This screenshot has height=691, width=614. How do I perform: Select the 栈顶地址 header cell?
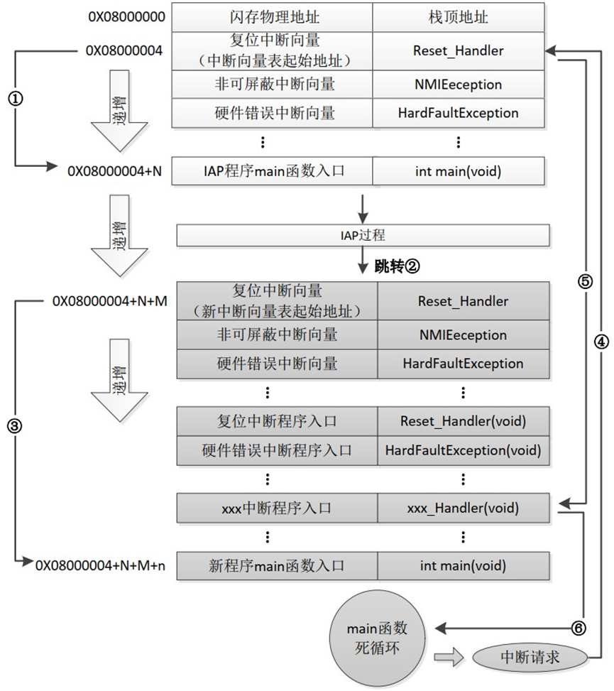point(457,16)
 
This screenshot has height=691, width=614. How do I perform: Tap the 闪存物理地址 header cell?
point(272,16)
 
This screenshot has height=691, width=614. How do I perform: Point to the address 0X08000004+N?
point(114,170)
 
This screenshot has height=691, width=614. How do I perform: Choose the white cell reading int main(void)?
point(457,170)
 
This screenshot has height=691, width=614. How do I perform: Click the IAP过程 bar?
point(363,234)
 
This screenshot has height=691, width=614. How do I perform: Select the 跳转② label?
point(398,266)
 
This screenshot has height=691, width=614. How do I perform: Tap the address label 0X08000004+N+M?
point(110,300)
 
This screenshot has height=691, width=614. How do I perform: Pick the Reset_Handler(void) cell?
point(463,420)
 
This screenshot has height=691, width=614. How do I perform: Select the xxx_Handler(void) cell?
point(463,508)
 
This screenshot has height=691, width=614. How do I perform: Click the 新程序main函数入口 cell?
point(277,565)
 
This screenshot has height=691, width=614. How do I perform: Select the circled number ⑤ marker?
point(584,281)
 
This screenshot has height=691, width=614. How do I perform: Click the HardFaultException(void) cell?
point(463,450)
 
